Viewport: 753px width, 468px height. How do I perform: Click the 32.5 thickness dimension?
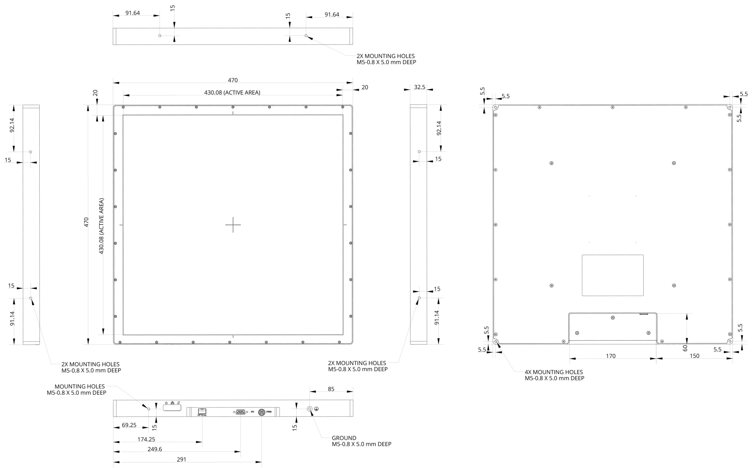pos(419,87)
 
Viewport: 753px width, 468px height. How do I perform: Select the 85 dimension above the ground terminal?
pos(331,389)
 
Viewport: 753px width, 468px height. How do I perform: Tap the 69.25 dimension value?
pos(129,425)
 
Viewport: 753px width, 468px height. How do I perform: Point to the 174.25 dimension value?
pos(146,439)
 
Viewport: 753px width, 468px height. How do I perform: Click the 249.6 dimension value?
pos(155,449)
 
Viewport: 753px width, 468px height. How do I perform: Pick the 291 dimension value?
pos(181,460)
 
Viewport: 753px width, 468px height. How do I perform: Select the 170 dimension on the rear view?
pos(611,356)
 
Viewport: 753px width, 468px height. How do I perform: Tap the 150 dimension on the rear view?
pos(694,356)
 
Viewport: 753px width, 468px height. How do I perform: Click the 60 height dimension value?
pos(685,348)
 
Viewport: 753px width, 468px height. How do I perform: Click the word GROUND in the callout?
pos(344,438)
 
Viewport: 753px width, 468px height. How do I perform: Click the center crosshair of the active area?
pos(233,225)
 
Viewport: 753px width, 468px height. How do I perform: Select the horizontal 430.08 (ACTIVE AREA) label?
pos(232,93)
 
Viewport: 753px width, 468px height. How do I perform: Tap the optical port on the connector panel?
pos(202,411)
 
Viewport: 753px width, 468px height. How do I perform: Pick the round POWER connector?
pos(261,412)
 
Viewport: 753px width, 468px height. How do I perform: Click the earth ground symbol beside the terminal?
pos(316,409)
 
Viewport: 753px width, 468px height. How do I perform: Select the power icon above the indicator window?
pos(166,403)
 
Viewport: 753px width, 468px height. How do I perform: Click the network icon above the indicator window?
pos(172,403)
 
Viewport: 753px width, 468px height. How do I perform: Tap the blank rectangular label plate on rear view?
pos(612,275)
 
